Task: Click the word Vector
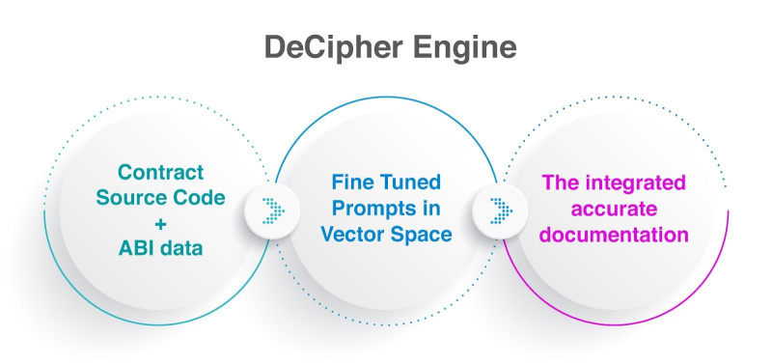point(358,234)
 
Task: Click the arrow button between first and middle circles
point(269,209)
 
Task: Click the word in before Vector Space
point(431,207)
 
